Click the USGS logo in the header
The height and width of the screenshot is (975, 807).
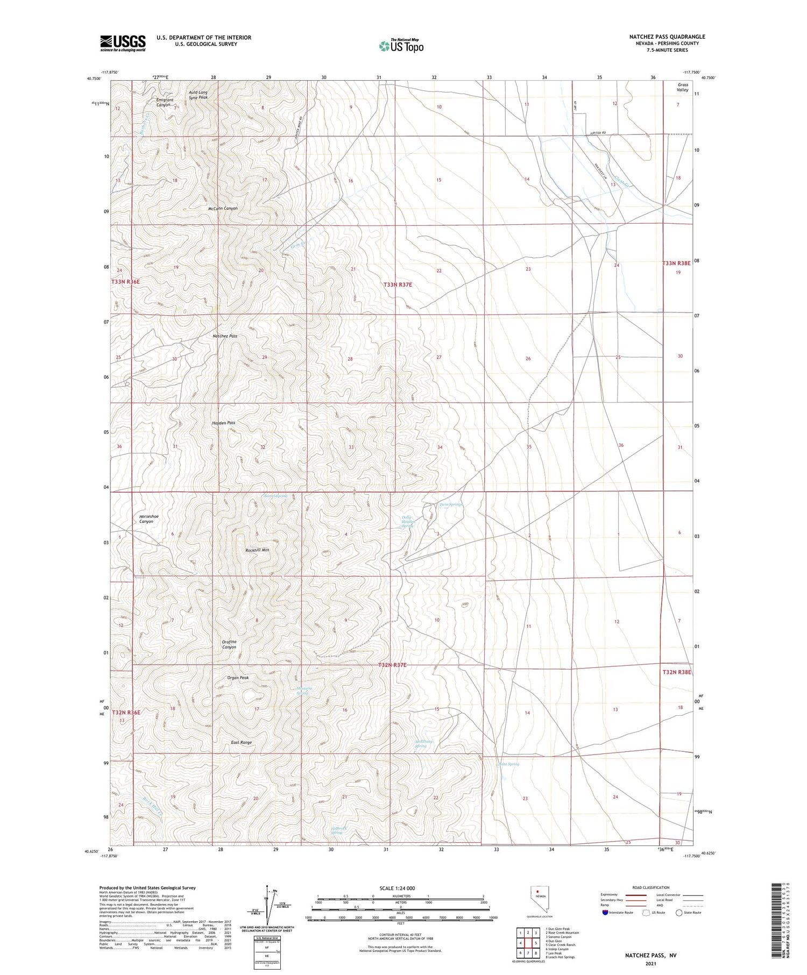pyautogui.click(x=123, y=43)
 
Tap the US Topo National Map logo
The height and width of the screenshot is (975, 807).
pyautogui.click(x=401, y=46)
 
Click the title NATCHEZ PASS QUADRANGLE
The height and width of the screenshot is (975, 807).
pyautogui.click(x=667, y=37)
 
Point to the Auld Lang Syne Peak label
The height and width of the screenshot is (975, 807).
pyautogui.click(x=198, y=95)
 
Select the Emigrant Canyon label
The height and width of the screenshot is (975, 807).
pyautogui.click(x=165, y=102)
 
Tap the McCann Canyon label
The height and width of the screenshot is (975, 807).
pyautogui.click(x=223, y=208)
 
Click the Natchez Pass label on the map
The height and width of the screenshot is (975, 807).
pyautogui.click(x=225, y=336)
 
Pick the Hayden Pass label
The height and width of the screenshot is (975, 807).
pyautogui.click(x=223, y=423)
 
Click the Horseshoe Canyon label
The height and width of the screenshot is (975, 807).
pyautogui.click(x=149, y=519)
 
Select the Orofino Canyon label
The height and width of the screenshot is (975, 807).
pyautogui.click(x=229, y=644)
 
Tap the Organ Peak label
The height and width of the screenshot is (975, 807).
pyautogui.click(x=238, y=678)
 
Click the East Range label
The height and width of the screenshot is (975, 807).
pyautogui.click(x=242, y=742)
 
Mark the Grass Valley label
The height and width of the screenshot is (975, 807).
pyautogui.click(x=683, y=87)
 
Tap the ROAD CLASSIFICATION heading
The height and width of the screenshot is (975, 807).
pyautogui.click(x=651, y=887)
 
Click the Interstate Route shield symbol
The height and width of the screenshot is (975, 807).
pyautogui.click(x=606, y=912)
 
